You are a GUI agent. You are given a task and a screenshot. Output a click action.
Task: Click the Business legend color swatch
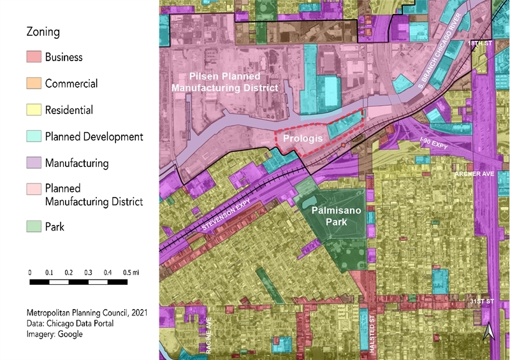[x=34, y=57]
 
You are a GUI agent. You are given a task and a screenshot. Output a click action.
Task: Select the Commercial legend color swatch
[x=34, y=83]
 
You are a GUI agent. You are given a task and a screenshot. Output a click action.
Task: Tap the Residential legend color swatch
[x=34, y=110]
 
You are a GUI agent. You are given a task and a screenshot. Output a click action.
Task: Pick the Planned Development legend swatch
[x=34, y=136]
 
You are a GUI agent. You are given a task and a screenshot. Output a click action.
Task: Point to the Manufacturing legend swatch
[x=34, y=163]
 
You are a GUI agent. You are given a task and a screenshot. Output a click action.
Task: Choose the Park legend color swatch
[x=34, y=226]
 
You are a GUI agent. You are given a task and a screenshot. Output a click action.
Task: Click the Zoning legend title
[x=43, y=31]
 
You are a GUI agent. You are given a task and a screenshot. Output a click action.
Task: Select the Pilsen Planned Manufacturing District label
[x=227, y=82]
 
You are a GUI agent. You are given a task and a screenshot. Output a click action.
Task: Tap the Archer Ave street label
[x=472, y=173]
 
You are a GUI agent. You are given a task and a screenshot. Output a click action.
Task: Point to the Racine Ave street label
[x=208, y=331]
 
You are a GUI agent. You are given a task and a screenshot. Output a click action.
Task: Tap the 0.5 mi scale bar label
[x=131, y=272]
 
